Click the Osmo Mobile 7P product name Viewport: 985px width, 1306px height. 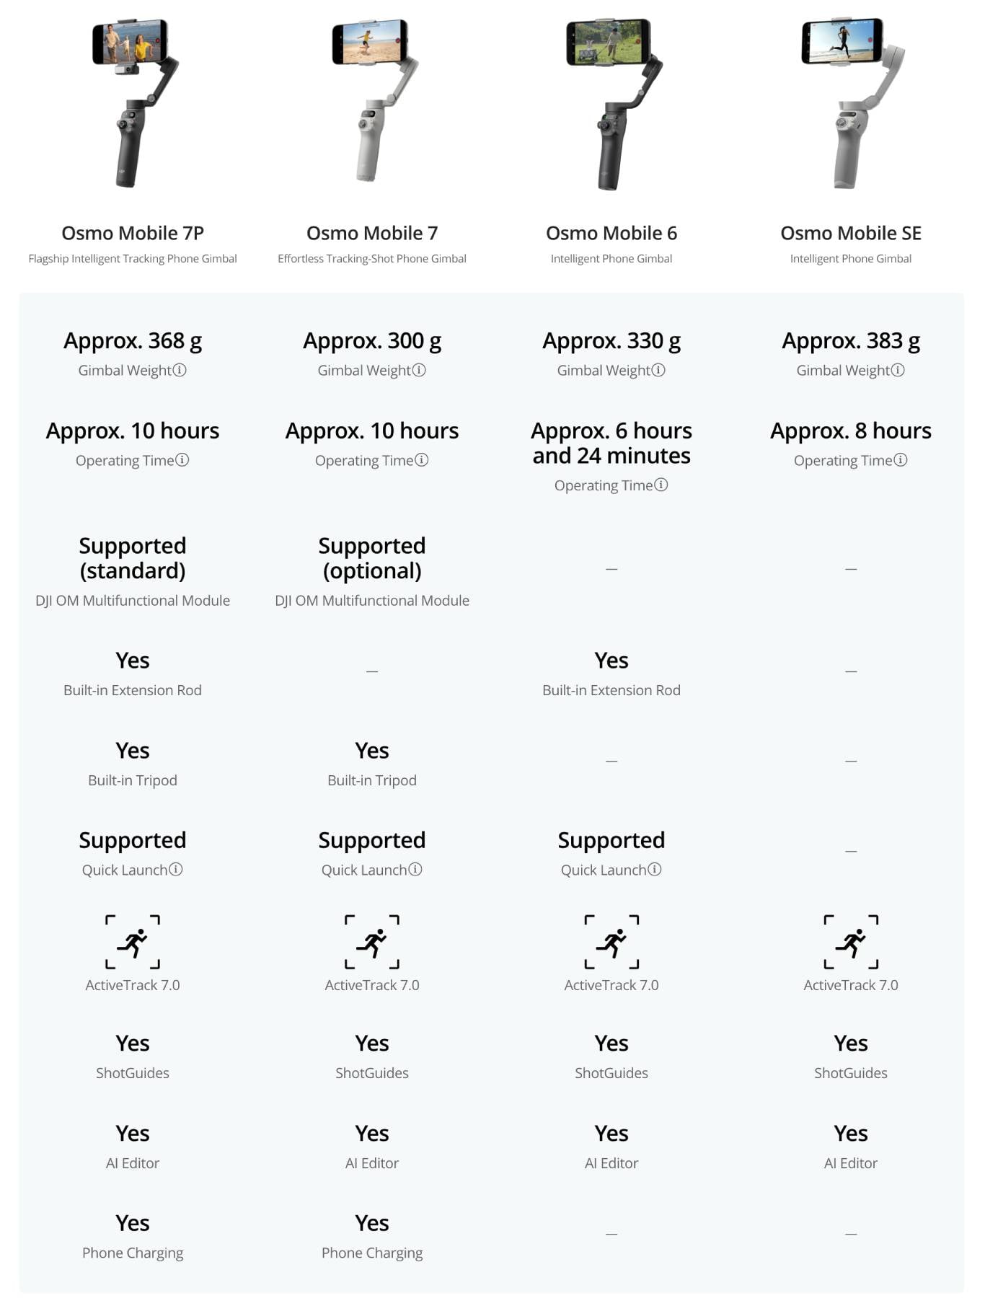(133, 233)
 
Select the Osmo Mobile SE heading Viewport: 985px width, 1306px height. (851, 233)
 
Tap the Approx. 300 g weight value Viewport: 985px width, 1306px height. (372, 340)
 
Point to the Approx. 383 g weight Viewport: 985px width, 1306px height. (851, 340)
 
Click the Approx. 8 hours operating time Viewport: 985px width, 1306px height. (851, 431)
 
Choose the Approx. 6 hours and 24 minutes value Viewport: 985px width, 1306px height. (611, 443)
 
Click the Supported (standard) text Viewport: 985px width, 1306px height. (133, 558)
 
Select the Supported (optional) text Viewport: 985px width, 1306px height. (372, 558)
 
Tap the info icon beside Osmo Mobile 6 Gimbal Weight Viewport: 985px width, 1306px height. (658, 370)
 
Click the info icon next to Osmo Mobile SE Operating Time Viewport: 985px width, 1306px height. (901, 460)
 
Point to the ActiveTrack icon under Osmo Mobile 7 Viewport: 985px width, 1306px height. (372, 942)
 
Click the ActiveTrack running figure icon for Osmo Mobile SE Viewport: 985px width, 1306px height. (851, 942)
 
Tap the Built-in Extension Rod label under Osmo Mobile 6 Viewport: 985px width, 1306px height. (611, 690)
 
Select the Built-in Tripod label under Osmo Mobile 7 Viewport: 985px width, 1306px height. (372, 780)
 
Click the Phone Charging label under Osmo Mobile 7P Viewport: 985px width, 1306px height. (133, 1253)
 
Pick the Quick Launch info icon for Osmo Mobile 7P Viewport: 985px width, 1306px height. (176, 870)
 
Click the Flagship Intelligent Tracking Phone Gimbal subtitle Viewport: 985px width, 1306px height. (133, 259)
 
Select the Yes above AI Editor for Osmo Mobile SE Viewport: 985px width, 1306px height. (851, 1134)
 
